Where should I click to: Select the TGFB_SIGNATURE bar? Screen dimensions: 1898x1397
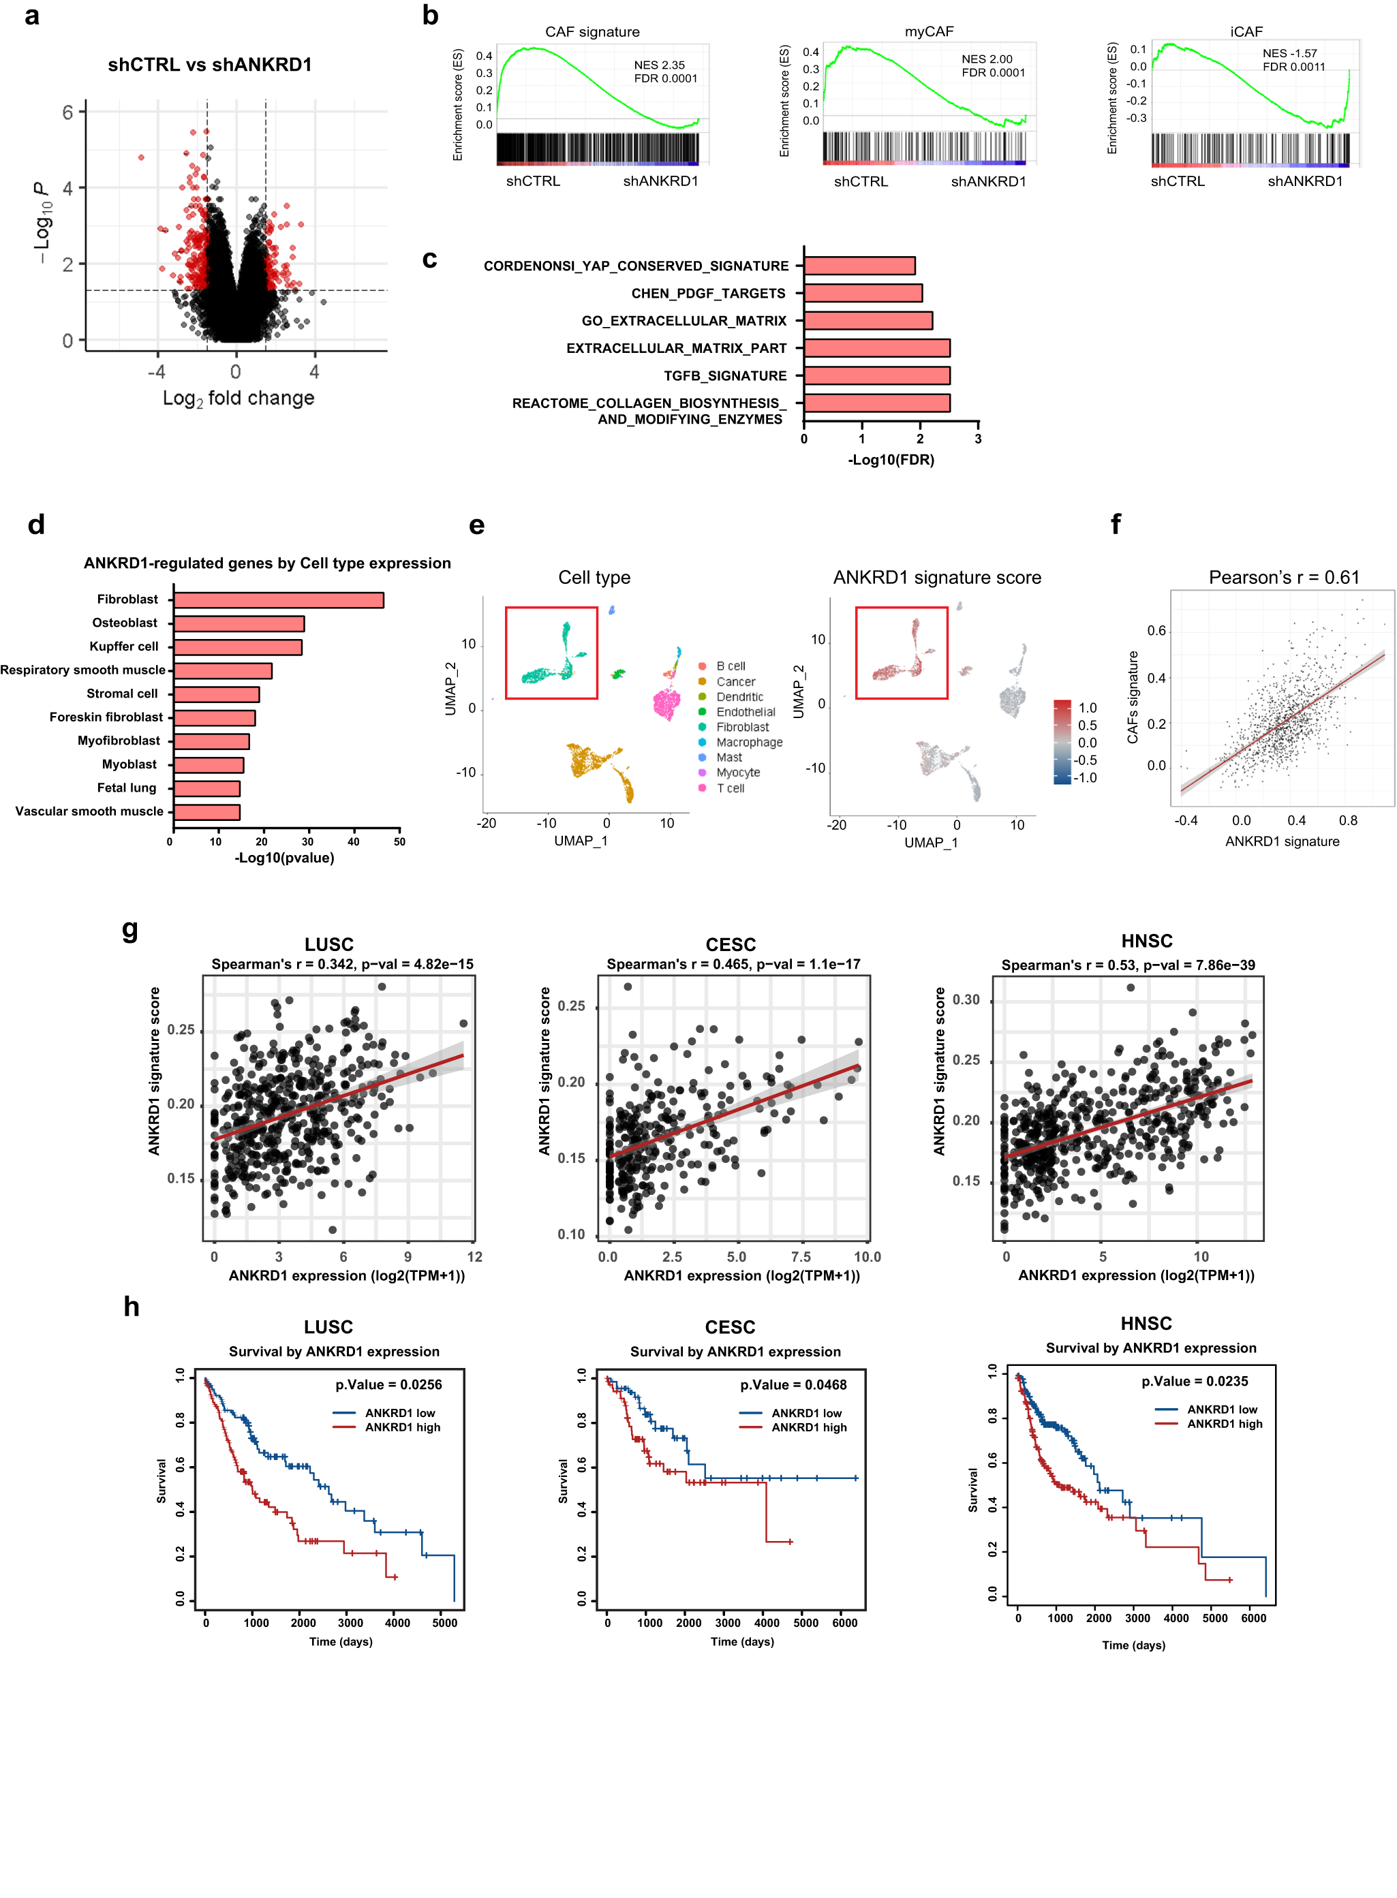[877, 375]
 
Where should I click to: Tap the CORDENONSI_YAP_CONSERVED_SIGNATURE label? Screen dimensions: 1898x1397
[636, 266]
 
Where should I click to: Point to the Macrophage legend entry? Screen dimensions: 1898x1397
[748, 743]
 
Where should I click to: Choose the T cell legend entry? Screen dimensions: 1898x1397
[730, 788]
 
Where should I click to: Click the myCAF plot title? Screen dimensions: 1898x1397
[929, 31]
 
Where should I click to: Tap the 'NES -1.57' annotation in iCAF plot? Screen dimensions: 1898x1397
[1289, 52]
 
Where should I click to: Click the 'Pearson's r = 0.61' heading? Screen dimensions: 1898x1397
[1284, 578]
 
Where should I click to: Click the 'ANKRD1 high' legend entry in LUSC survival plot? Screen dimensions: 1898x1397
[403, 1427]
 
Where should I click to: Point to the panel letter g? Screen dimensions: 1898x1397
[130, 929]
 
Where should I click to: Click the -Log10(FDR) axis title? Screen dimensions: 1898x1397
[891, 460]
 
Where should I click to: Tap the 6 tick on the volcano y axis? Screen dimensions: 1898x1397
[67, 112]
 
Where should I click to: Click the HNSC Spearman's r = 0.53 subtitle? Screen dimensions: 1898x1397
[1128, 965]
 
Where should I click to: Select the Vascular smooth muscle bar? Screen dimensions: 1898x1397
[206, 813]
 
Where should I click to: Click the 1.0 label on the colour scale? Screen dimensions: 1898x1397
[1088, 708]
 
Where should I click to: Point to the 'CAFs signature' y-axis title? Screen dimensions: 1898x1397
[1133, 698]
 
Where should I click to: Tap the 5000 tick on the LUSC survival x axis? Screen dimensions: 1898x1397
[445, 1622]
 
